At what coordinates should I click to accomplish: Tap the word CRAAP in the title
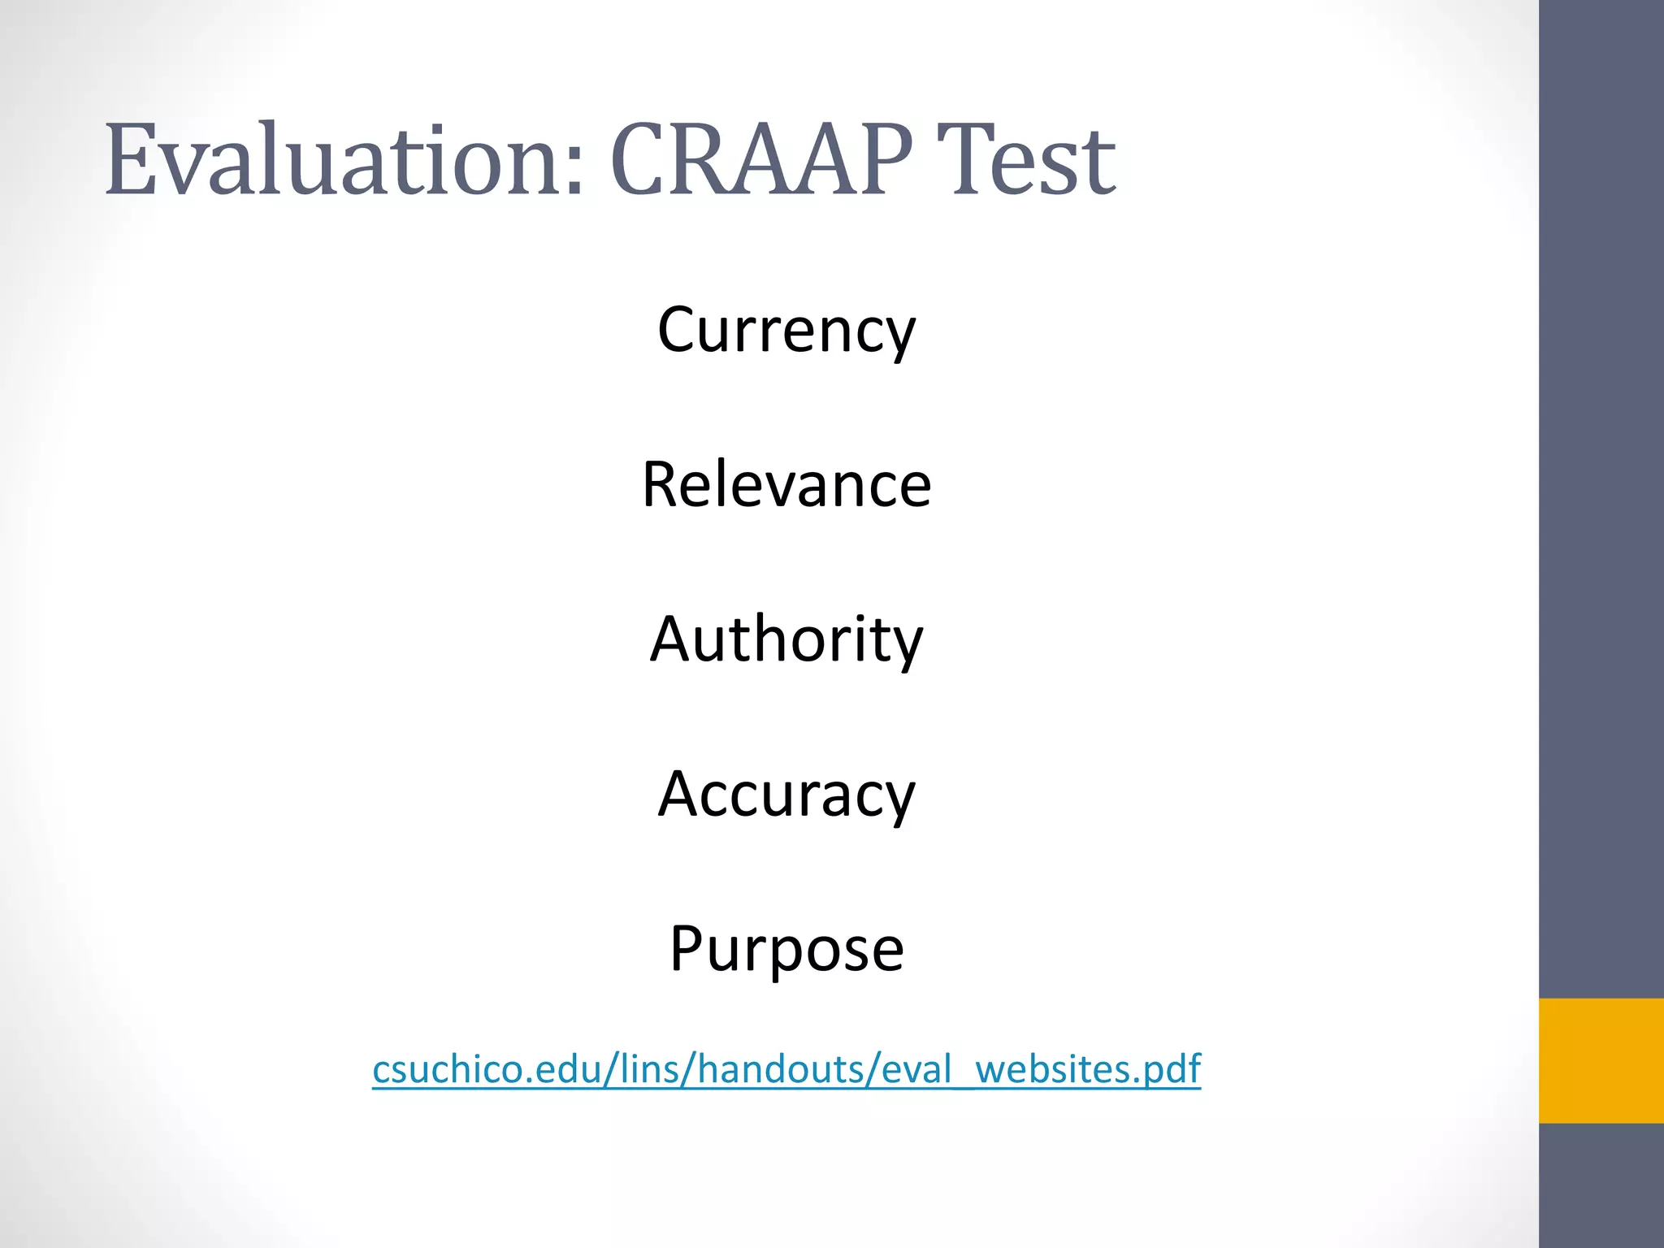pyautogui.click(x=760, y=159)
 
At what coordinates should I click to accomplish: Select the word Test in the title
pyautogui.click(x=1027, y=159)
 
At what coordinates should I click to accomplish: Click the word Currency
pyautogui.click(x=786, y=330)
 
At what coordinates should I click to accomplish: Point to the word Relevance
pyautogui.click(x=786, y=484)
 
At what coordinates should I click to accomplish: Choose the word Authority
pyautogui.click(x=786, y=639)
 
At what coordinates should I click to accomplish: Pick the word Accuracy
pyautogui.click(x=786, y=794)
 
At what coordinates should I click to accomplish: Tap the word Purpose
pyautogui.click(x=786, y=948)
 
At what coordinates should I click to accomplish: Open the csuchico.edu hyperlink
pyautogui.click(x=786, y=1069)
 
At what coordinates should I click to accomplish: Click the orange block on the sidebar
pyautogui.click(x=1601, y=1060)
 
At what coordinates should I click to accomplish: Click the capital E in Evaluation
pyautogui.click(x=130, y=159)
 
